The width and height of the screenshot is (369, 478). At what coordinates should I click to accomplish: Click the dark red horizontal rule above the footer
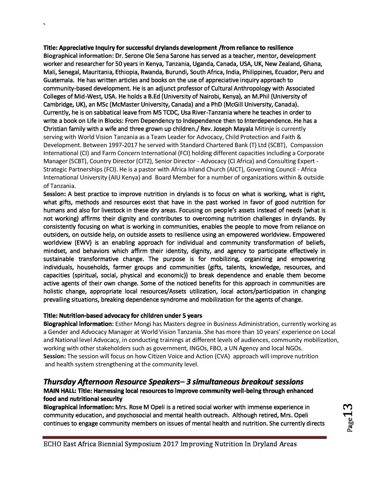(x=184, y=437)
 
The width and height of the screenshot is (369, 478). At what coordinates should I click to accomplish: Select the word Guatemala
(x=56, y=80)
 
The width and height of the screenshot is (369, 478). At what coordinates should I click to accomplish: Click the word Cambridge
(x=57, y=105)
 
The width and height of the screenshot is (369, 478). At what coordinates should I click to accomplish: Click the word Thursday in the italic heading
(x=59, y=382)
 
